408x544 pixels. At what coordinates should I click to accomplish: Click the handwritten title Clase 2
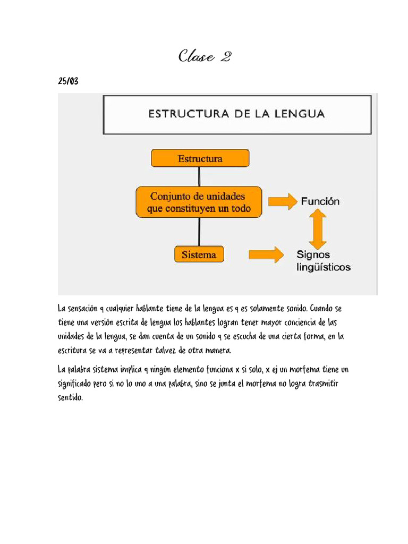(x=204, y=56)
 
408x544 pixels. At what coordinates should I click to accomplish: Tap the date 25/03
(x=68, y=81)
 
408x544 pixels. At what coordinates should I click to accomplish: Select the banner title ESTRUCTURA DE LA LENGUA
(x=236, y=113)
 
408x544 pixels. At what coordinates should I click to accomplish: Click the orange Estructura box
(x=200, y=158)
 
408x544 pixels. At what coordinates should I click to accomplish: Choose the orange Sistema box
(x=199, y=254)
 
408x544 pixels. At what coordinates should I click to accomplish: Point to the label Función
(x=320, y=202)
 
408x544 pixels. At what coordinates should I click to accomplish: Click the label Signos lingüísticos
(x=323, y=261)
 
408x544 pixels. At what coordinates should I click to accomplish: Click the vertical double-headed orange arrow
(x=317, y=228)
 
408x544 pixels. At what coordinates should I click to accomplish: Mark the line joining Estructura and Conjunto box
(x=199, y=176)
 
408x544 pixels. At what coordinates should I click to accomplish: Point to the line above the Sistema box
(x=199, y=231)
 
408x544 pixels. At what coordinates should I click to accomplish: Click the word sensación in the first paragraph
(x=84, y=309)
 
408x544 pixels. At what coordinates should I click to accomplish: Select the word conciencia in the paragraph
(x=280, y=322)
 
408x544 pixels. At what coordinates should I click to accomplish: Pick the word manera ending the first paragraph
(x=217, y=350)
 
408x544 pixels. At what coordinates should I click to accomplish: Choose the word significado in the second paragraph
(x=76, y=383)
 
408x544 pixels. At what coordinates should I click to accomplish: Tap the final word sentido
(x=70, y=397)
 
